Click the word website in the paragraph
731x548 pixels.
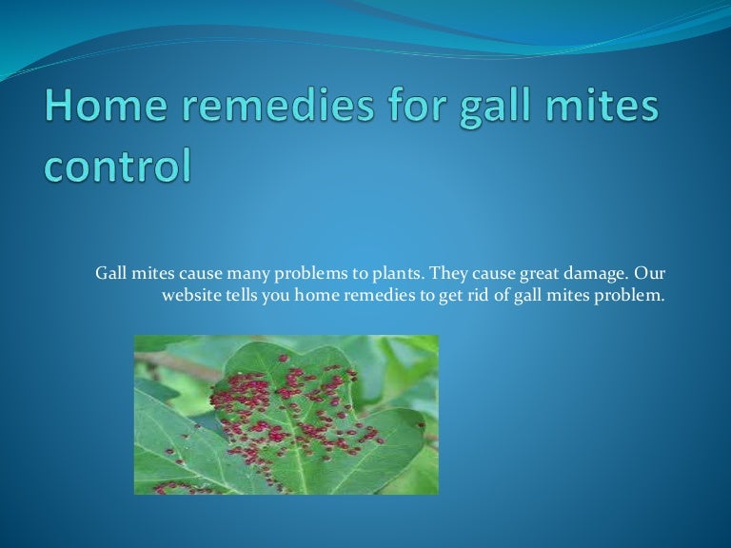(190, 296)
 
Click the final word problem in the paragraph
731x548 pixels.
(631, 296)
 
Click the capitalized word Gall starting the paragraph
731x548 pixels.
(111, 274)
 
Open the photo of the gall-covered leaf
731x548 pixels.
(286, 414)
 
